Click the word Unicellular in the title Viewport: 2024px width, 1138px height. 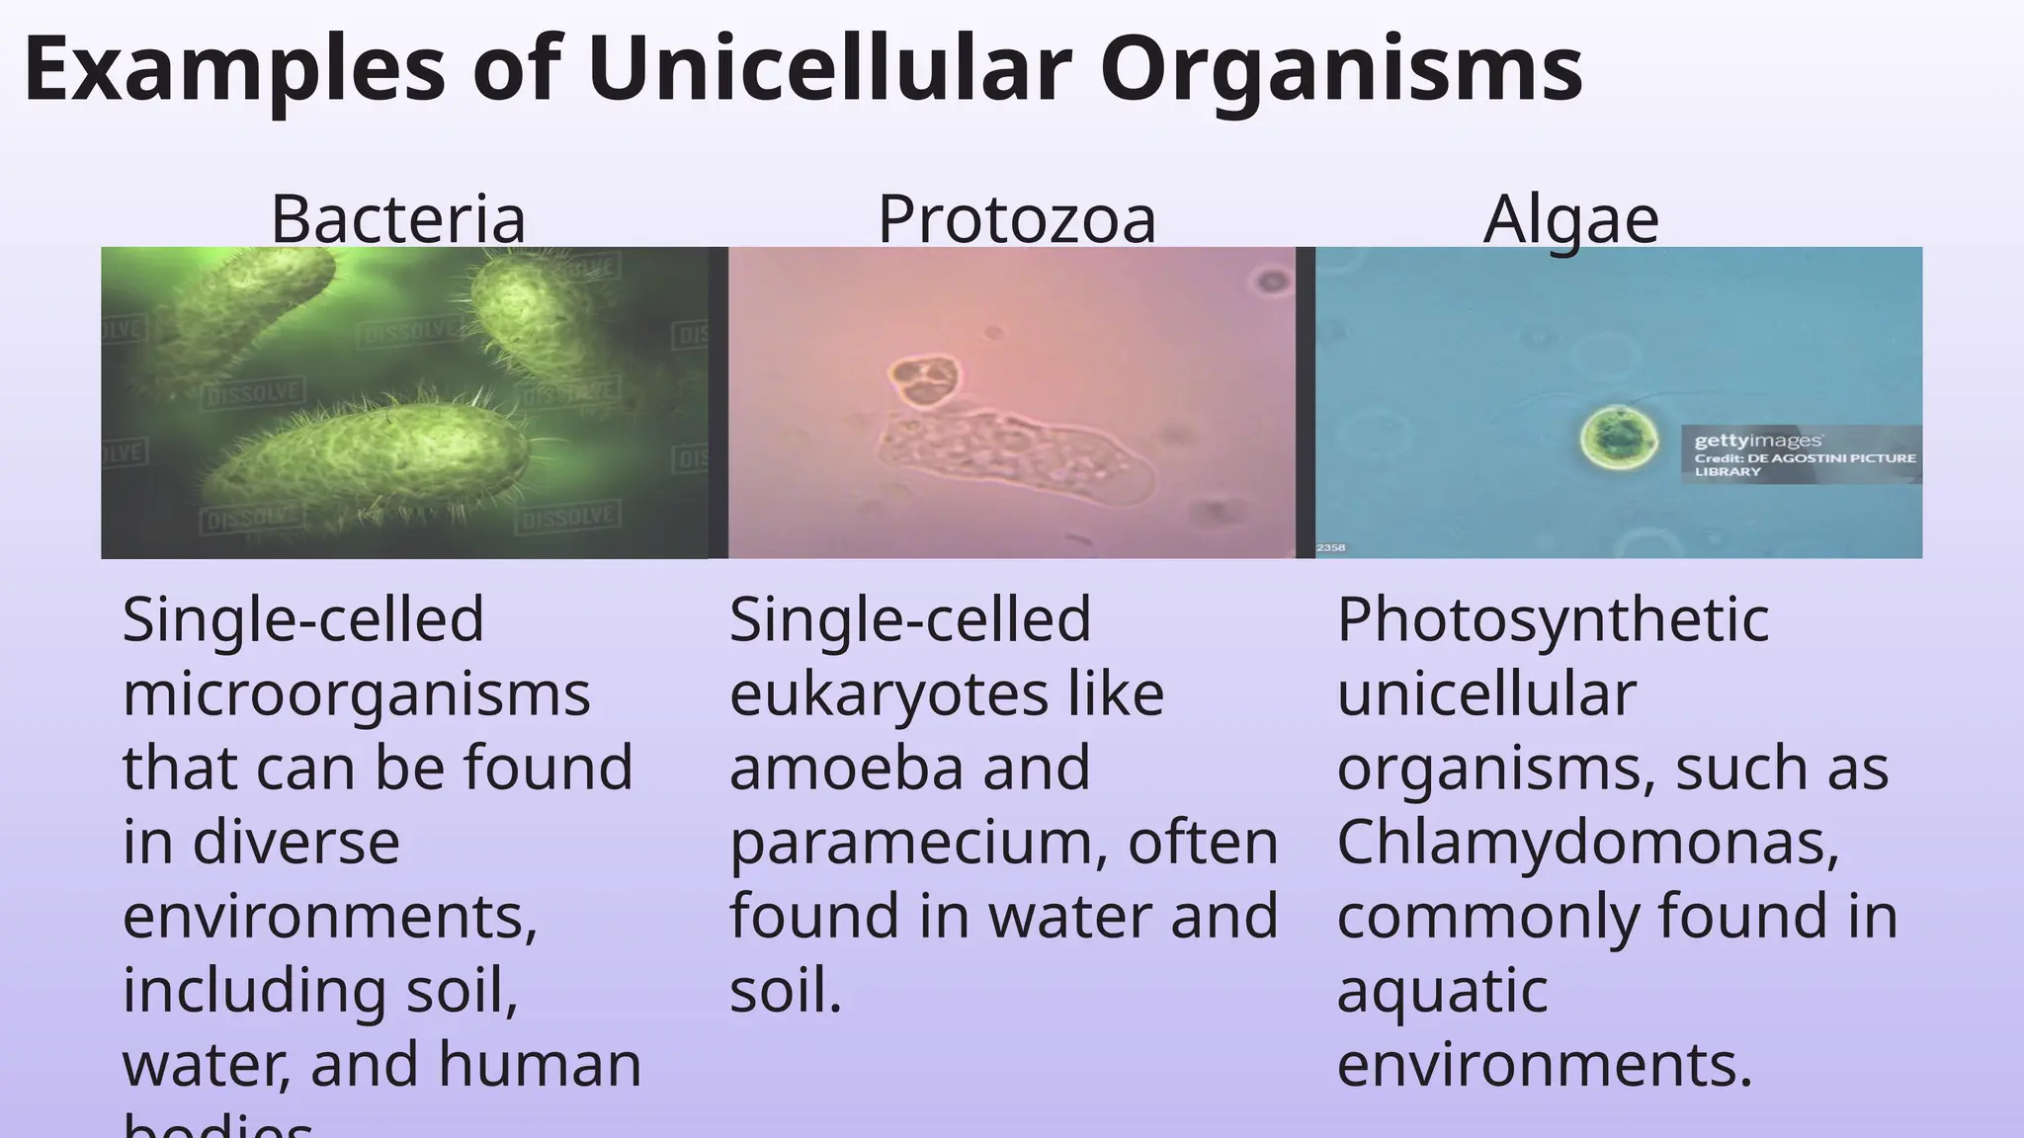(830, 69)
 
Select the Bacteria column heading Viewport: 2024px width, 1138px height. (398, 218)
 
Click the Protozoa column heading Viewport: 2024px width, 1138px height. (1017, 218)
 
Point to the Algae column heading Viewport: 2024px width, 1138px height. (1570, 218)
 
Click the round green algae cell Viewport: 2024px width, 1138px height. (1618, 437)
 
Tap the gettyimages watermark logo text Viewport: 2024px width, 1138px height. (1758, 441)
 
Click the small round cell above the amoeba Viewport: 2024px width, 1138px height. (924, 380)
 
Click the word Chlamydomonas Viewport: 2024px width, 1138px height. (1588, 842)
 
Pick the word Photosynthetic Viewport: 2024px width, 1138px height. (1553, 619)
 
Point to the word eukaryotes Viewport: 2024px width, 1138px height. (888, 693)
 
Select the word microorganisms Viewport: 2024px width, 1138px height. (356, 693)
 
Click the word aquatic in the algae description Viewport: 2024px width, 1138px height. (1442, 990)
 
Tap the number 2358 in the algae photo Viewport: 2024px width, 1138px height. (1330, 547)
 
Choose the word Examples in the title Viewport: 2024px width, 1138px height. (235, 69)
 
